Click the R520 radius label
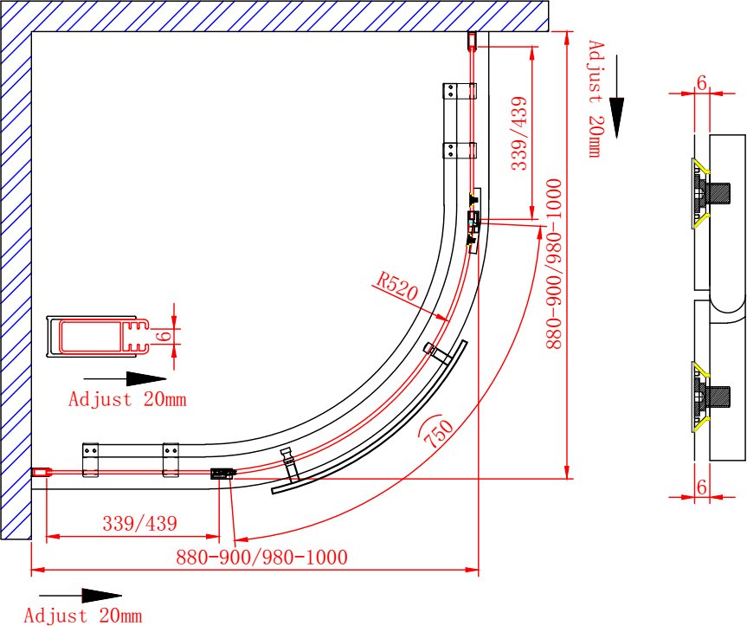(x=396, y=286)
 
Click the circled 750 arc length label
(x=437, y=432)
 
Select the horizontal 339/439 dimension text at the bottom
(x=140, y=524)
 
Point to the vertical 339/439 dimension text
(x=519, y=133)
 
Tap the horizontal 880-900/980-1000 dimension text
(x=261, y=557)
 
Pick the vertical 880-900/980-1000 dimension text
(x=554, y=264)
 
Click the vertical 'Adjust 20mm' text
(x=595, y=99)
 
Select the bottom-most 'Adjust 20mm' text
(x=83, y=615)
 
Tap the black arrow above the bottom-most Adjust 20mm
(x=80, y=596)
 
